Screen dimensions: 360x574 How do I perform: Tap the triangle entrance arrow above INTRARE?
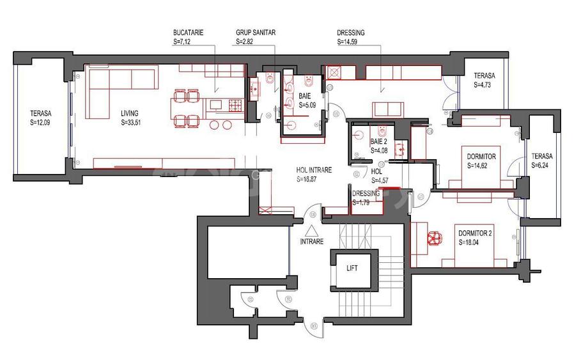coord(311,231)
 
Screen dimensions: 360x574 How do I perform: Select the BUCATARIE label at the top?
coord(187,32)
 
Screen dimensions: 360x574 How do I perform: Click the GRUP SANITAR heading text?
coord(254,32)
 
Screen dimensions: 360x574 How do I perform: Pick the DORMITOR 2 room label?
coord(475,234)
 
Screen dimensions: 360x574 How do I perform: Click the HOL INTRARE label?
coord(316,171)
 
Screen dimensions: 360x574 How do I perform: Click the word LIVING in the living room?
coord(130,114)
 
